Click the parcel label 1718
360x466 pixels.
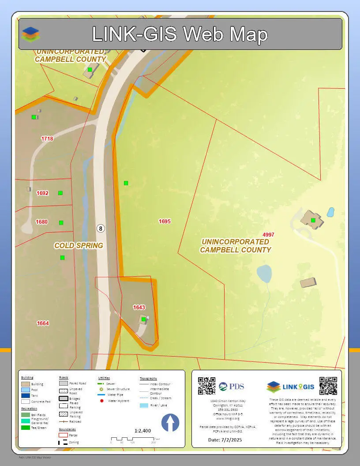click(47, 139)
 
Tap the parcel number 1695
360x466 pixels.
click(165, 222)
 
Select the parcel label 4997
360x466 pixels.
click(268, 234)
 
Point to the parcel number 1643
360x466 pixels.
click(139, 307)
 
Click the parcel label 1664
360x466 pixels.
click(43, 323)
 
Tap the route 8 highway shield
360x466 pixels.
click(101, 228)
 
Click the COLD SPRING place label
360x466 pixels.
click(79, 245)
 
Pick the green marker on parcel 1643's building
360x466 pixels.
click(143, 319)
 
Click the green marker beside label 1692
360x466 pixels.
click(60, 193)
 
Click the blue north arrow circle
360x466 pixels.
click(170, 423)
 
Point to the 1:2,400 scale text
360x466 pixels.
click(142, 431)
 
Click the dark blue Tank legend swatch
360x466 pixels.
click(26, 396)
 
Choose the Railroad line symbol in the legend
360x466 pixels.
click(63, 421)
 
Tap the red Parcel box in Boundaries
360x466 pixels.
click(63, 435)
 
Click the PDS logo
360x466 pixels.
click(231, 387)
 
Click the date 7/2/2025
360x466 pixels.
click(225, 440)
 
